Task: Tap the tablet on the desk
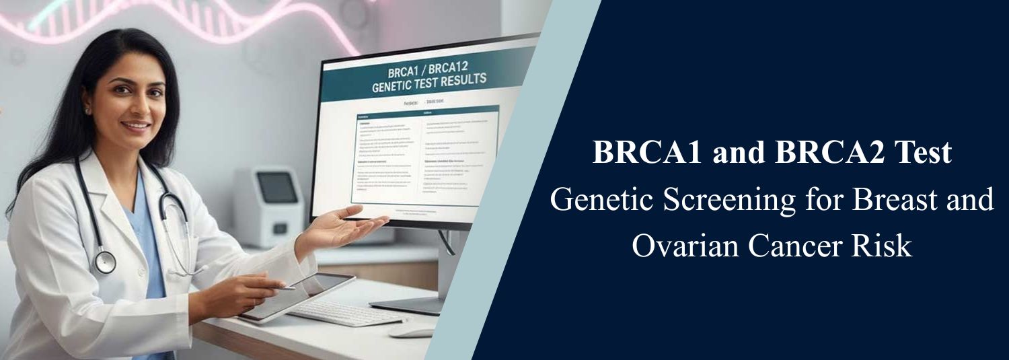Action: pos(297,295)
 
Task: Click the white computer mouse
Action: pos(412,332)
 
